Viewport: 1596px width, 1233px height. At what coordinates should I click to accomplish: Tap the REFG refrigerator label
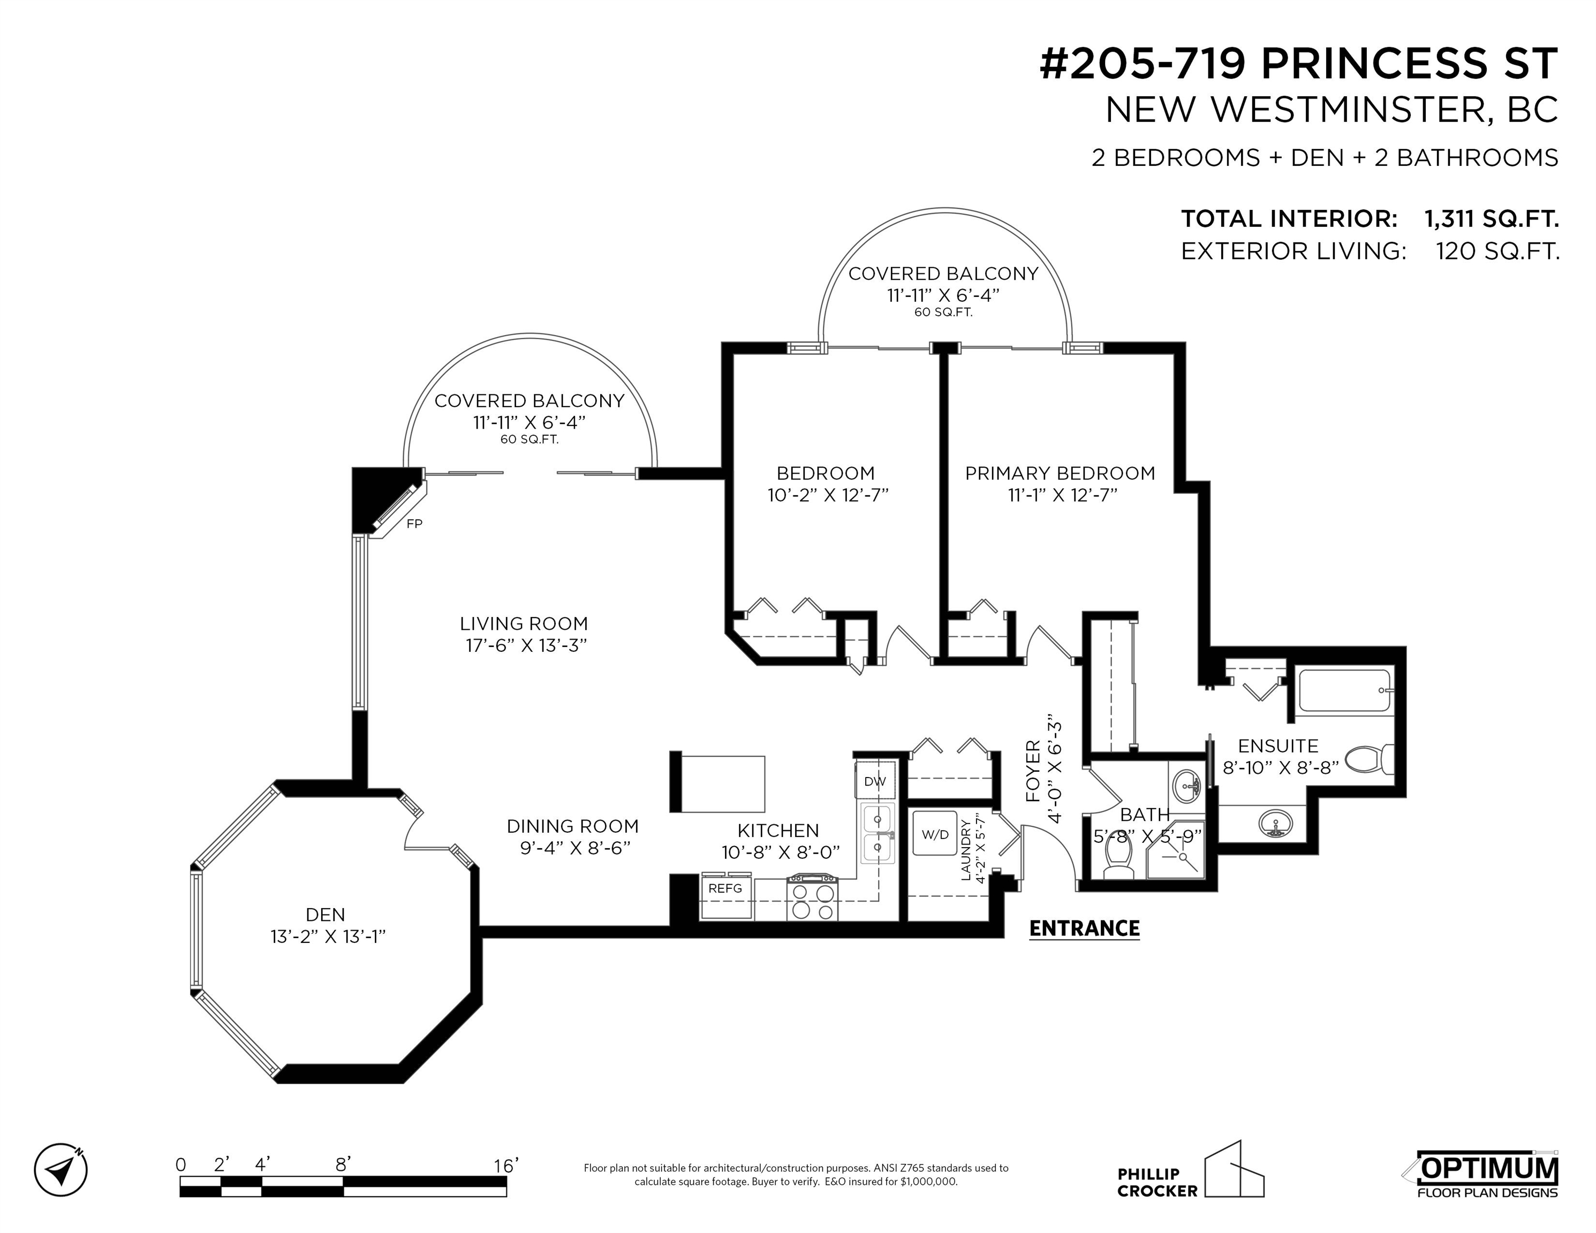point(725,888)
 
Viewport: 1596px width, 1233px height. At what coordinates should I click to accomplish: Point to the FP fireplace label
point(414,524)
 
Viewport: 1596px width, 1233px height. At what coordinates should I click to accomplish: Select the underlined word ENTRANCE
point(1085,928)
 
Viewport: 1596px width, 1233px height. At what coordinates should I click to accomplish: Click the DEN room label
point(325,914)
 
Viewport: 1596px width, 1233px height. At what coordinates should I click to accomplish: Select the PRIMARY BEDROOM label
point(1061,473)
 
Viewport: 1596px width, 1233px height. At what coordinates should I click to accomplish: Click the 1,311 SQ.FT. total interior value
point(1492,218)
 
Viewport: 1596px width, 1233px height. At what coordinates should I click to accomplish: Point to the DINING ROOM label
point(573,826)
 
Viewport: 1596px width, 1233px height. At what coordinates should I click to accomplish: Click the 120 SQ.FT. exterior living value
point(1498,252)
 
